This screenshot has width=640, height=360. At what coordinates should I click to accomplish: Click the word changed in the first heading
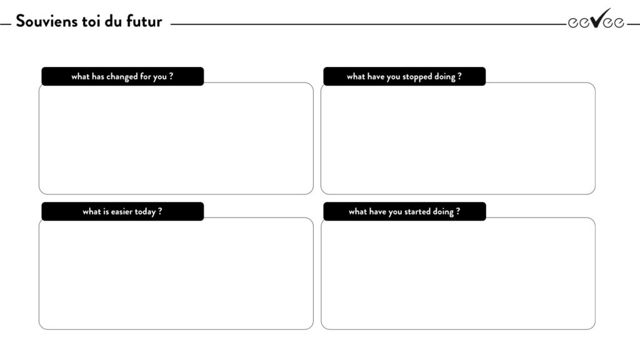(x=122, y=77)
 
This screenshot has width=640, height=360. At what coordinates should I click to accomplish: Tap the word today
(x=145, y=212)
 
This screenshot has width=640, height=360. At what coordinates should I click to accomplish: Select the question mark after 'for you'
(x=171, y=76)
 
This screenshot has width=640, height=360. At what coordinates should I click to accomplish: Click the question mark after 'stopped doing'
(x=459, y=76)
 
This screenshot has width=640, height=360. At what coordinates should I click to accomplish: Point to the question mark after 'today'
(x=160, y=211)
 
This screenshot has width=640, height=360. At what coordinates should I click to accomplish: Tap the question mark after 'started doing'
(x=458, y=211)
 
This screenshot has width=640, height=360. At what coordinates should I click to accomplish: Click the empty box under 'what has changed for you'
(x=176, y=139)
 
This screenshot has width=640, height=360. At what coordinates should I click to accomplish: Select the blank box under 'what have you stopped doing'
(x=458, y=139)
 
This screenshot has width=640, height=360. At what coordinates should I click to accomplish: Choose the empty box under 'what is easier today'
(x=176, y=274)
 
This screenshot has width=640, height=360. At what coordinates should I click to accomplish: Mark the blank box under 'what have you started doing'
(x=458, y=274)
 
